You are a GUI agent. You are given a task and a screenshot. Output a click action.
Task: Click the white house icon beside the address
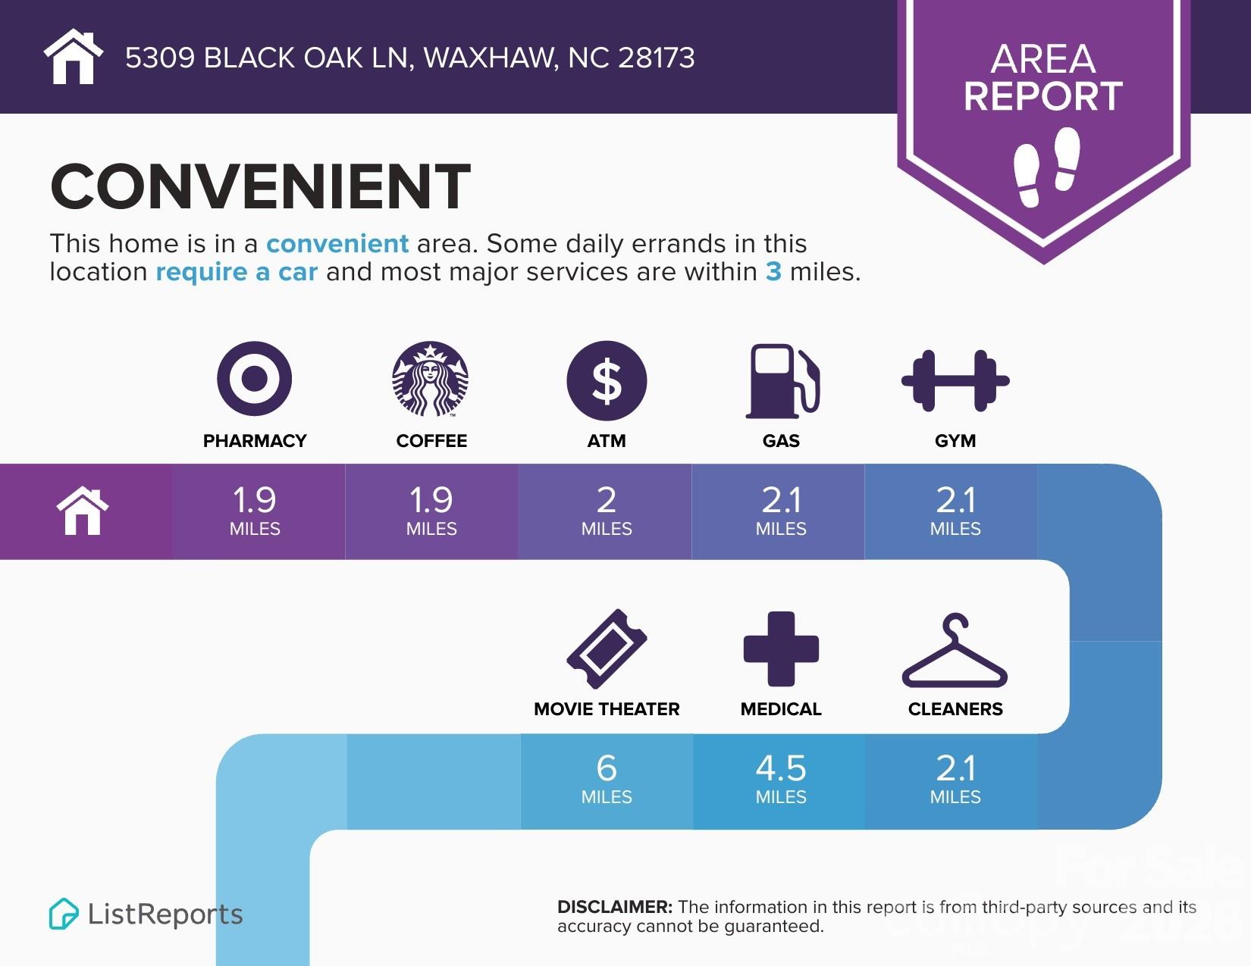click(73, 56)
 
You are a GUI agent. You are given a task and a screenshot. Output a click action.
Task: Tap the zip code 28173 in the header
click(657, 58)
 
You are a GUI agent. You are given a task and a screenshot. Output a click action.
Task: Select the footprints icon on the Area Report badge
click(1046, 167)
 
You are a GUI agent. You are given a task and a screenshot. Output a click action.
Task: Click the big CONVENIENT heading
click(260, 186)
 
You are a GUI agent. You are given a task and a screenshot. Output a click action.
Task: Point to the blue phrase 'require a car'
click(237, 271)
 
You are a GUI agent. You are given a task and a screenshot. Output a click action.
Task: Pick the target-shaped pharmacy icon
click(255, 379)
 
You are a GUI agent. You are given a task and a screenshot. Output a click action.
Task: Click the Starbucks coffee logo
click(430, 379)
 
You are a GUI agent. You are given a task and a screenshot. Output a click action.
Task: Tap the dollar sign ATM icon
click(607, 380)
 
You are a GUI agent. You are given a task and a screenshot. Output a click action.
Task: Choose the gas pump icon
click(783, 381)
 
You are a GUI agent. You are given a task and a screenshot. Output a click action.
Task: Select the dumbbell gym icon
click(955, 381)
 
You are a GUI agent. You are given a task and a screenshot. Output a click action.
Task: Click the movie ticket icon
click(607, 649)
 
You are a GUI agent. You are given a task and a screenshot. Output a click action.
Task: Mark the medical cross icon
click(781, 649)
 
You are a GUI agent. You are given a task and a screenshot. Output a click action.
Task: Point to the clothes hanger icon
click(955, 650)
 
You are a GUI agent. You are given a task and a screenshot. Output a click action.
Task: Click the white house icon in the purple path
click(83, 511)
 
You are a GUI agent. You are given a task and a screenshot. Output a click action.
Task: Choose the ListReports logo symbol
click(64, 914)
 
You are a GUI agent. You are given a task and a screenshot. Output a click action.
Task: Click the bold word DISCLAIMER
click(615, 907)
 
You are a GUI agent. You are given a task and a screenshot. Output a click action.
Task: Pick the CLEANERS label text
click(955, 709)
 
